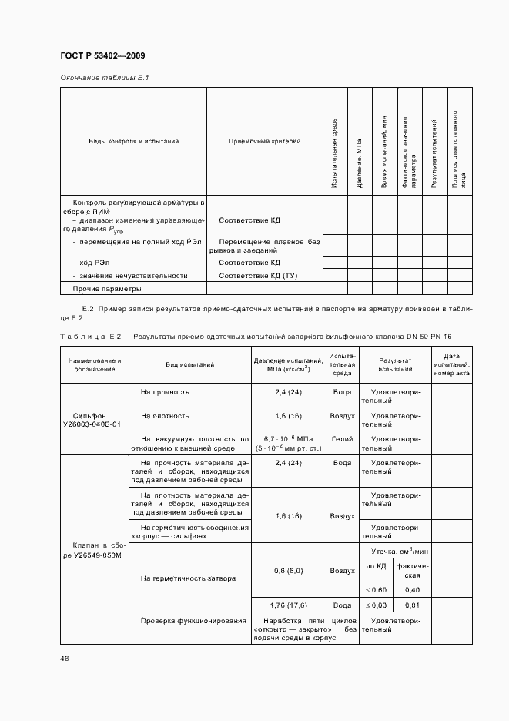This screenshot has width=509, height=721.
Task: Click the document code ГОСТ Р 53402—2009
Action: (x=102, y=56)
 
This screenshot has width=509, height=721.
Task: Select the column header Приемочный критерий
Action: (x=264, y=142)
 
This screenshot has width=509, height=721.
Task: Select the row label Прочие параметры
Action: (x=107, y=289)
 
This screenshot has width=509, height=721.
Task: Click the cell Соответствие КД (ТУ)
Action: (x=258, y=275)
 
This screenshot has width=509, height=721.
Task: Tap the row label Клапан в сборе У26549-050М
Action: (x=95, y=549)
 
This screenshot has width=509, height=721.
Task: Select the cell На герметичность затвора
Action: (x=188, y=578)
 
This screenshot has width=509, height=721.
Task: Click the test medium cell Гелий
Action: (x=342, y=438)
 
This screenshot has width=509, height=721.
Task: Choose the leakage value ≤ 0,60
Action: (x=376, y=589)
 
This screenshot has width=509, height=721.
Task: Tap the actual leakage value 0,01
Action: (x=412, y=605)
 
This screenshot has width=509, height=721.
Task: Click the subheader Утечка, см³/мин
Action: (x=394, y=550)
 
